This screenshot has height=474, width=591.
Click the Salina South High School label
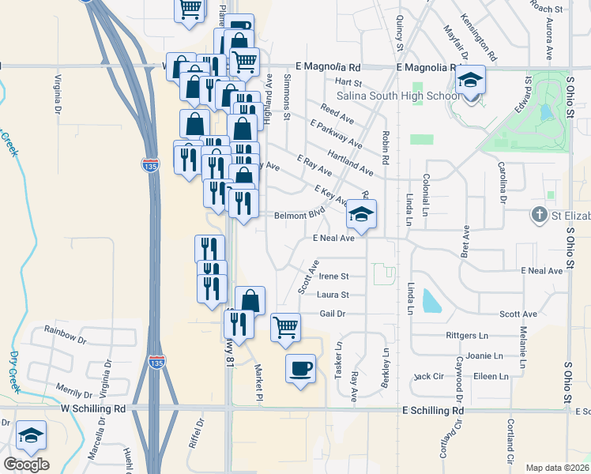click(397, 96)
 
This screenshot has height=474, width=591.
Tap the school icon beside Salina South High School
click(471, 81)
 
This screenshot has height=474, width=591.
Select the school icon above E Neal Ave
click(361, 214)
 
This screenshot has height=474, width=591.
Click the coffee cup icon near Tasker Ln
click(299, 368)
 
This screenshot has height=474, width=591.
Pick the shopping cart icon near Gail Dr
click(285, 326)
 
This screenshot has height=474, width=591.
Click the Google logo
click(26, 465)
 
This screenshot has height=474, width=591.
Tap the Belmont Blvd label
click(299, 215)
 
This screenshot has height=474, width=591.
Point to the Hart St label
click(348, 82)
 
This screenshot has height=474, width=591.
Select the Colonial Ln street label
click(425, 195)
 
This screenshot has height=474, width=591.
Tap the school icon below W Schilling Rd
click(31, 435)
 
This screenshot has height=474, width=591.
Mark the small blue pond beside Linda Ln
click(431, 301)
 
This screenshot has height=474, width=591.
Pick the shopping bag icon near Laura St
click(250, 301)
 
